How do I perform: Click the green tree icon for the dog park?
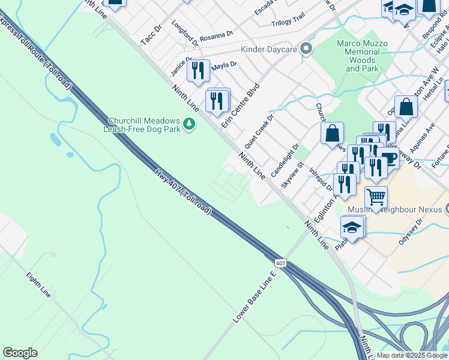(x=190, y=124)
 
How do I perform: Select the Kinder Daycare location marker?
(x=306, y=49)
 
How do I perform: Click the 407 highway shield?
(x=280, y=263)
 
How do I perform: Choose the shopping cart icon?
(x=376, y=197)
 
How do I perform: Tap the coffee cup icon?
(x=389, y=158)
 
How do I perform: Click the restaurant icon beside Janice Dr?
(x=198, y=71)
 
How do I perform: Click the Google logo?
(x=20, y=353)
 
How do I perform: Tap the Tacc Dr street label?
(x=151, y=34)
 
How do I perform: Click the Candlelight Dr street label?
(x=285, y=160)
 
